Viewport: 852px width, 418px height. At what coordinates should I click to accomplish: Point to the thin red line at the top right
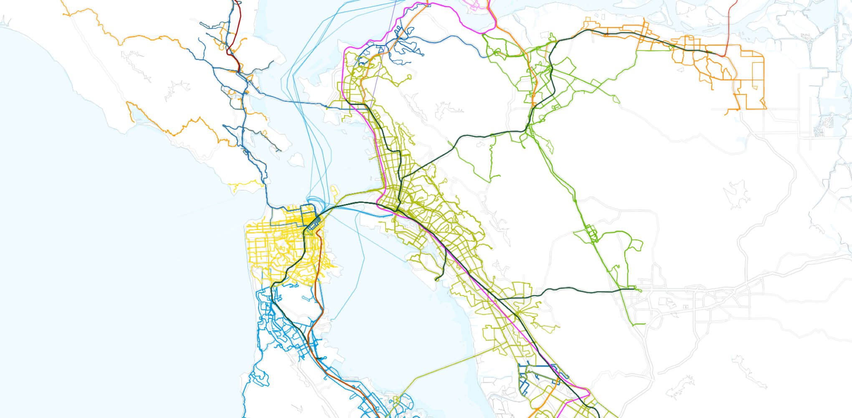click(728, 25)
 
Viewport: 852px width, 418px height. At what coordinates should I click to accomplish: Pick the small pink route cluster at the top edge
click(476, 5)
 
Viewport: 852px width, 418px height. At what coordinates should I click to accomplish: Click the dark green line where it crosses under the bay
click(342, 205)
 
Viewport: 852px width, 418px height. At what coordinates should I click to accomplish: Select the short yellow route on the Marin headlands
click(246, 184)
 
